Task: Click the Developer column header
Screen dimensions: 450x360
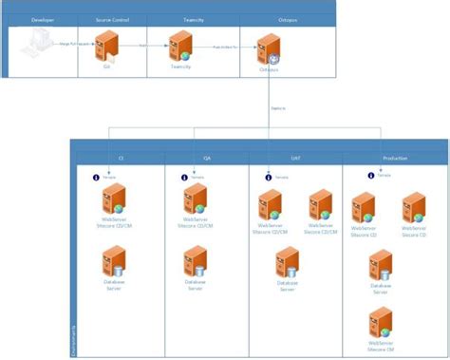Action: tap(42, 19)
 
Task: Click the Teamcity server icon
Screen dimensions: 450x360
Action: tap(181, 46)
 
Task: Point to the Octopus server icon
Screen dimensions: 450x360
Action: tap(268, 47)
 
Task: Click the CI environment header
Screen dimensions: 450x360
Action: tap(121, 158)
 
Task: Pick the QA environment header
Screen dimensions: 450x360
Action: tap(207, 158)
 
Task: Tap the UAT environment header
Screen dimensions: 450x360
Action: tap(294, 158)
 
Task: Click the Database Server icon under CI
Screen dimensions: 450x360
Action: tap(116, 261)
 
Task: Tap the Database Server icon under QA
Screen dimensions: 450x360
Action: tap(195, 260)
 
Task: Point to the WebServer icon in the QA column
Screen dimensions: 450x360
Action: tap(195, 201)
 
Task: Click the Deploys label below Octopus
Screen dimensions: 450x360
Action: tap(277, 108)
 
